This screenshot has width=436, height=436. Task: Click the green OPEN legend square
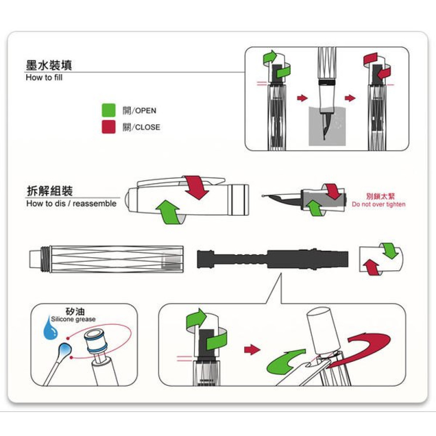(x=109, y=110)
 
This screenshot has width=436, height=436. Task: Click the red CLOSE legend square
(x=109, y=127)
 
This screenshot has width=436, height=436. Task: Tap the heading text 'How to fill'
(x=44, y=77)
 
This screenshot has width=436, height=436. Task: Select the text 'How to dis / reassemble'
(x=71, y=204)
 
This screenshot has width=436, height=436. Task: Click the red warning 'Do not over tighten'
(x=378, y=204)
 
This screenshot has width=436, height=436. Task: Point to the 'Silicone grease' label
(x=73, y=319)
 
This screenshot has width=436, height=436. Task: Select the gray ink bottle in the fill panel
(x=327, y=126)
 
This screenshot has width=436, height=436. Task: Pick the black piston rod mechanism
(x=272, y=259)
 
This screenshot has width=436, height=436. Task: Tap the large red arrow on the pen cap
(x=196, y=187)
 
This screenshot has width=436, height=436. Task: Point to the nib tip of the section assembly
(x=263, y=196)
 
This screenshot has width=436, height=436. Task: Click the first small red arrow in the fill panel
(x=303, y=98)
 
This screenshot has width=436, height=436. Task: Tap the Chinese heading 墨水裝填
(x=49, y=65)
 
